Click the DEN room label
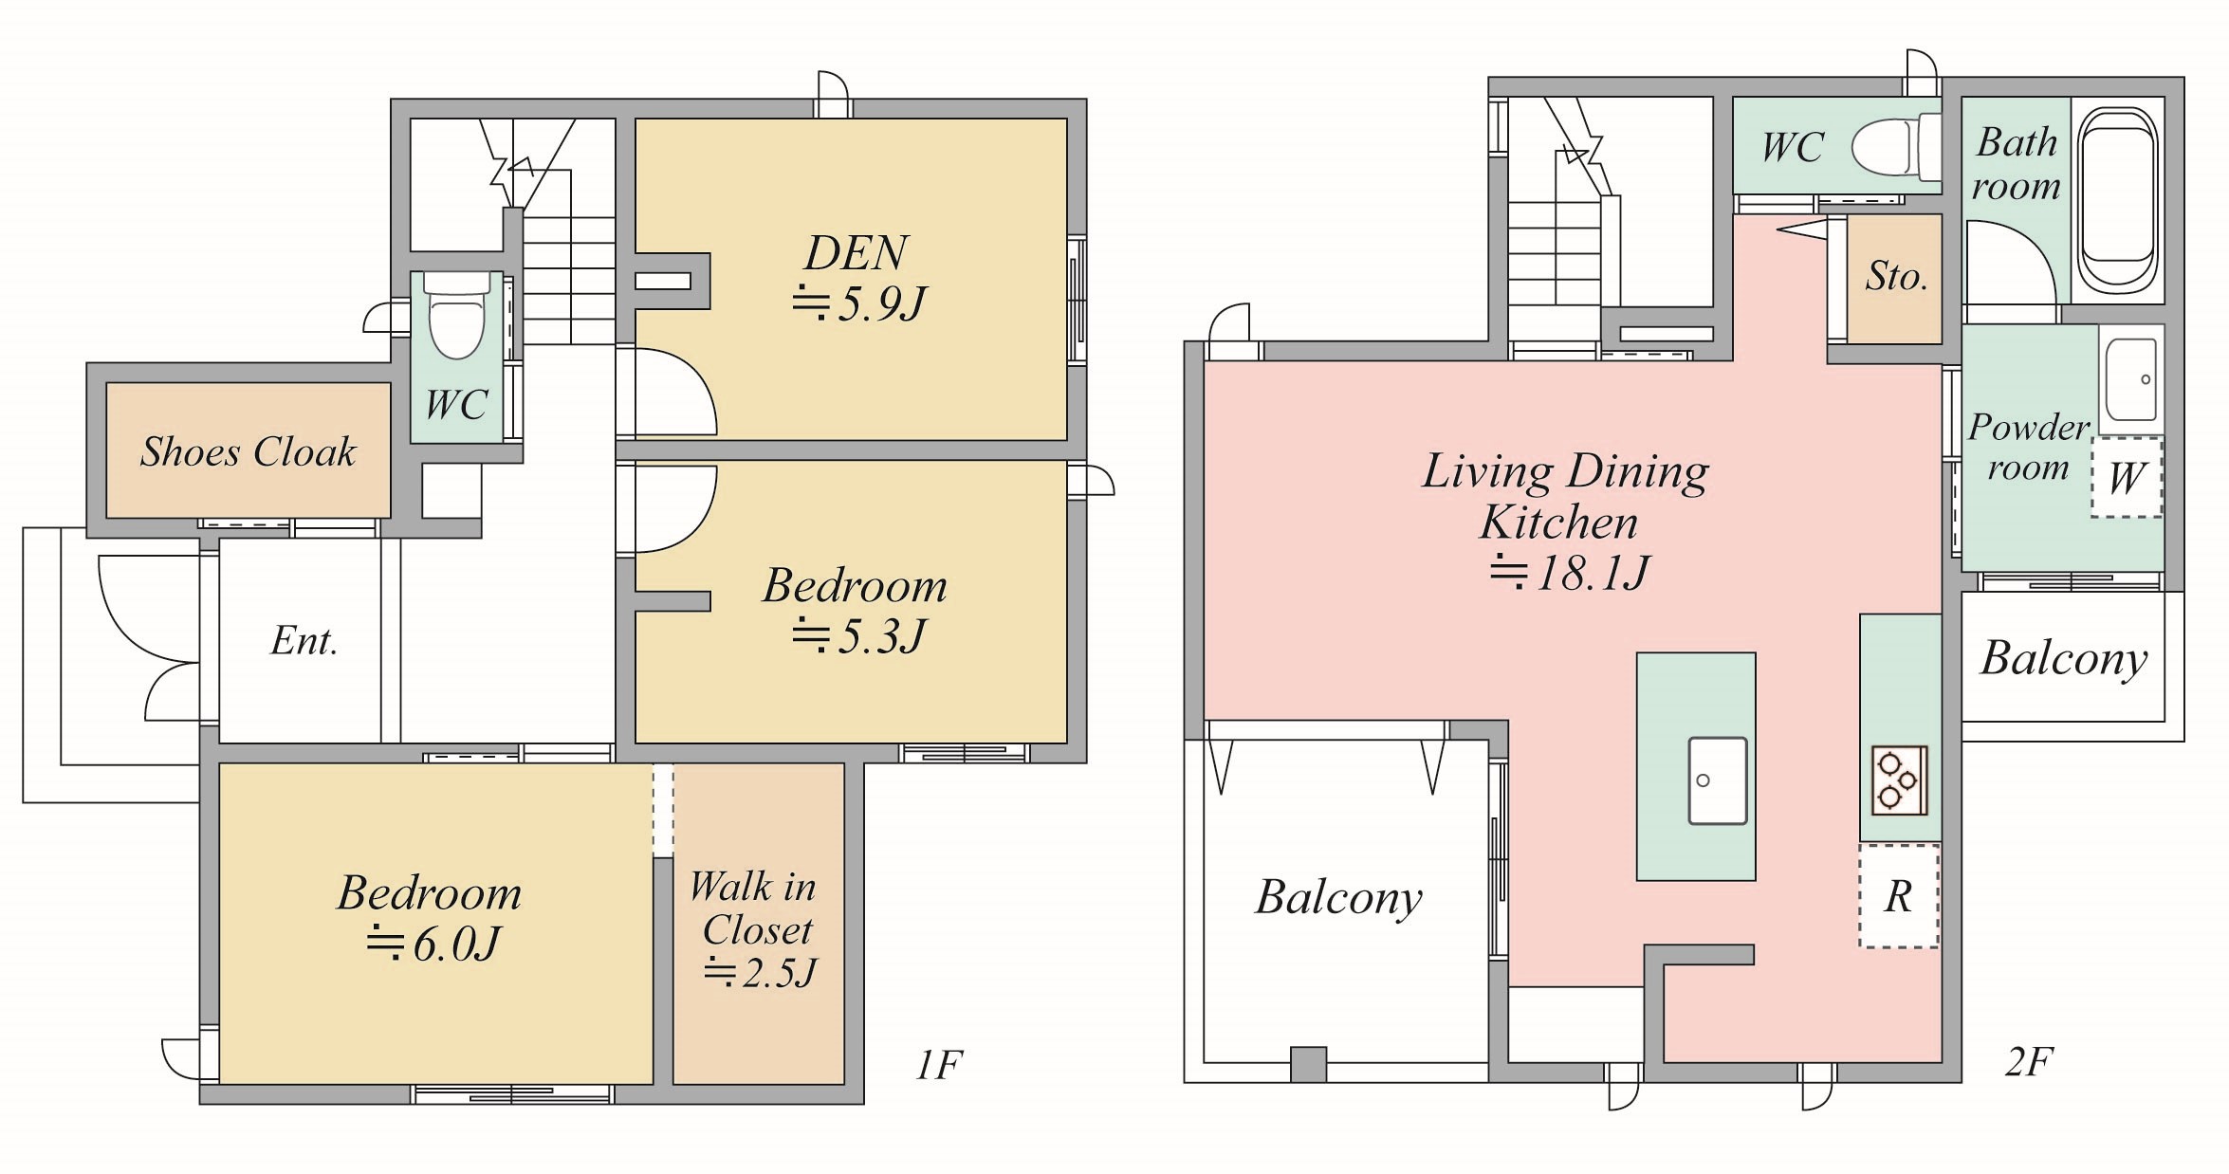pos(857,253)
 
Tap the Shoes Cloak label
pos(249,451)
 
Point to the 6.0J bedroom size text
pos(433,944)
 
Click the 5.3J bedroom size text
pos(858,635)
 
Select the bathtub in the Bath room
pos(2117,199)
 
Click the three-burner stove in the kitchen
pos(1899,780)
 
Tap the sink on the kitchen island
pos(1717,780)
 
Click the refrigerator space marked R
pos(1898,896)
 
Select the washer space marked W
pos(2127,477)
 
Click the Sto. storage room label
pos(1896,276)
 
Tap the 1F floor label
pos(939,1065)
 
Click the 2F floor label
pos(2030,1061)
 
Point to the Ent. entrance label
pos(304,641)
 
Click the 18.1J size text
pos(1570,573)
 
